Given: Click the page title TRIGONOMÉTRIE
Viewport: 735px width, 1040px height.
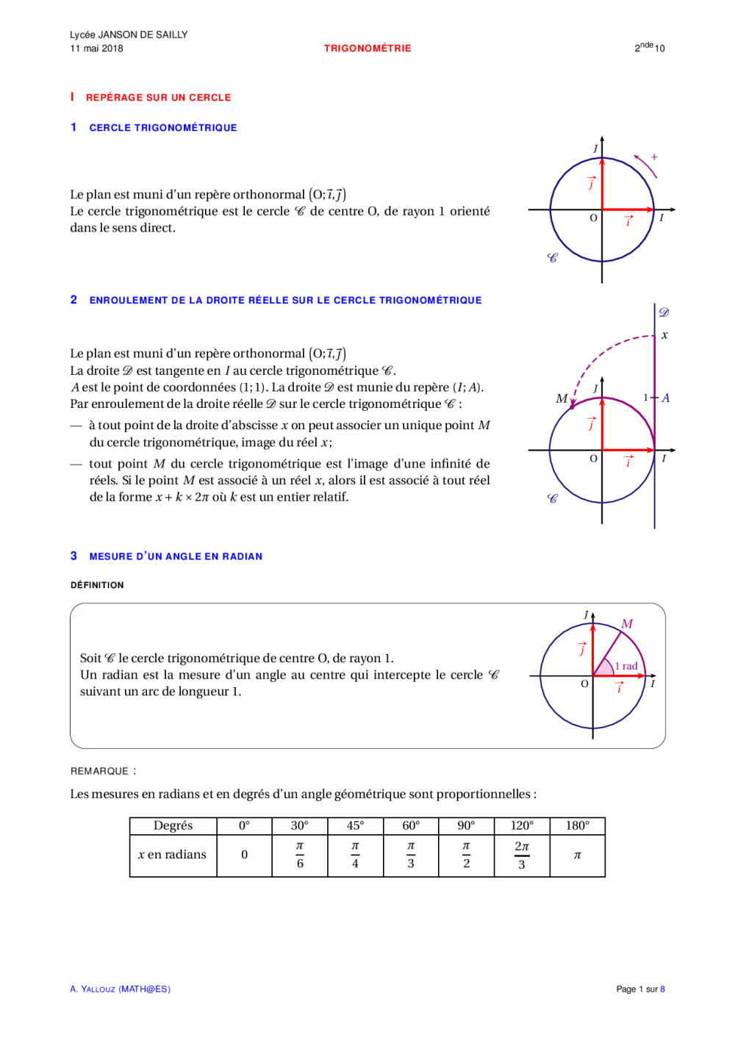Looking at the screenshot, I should point(367,49).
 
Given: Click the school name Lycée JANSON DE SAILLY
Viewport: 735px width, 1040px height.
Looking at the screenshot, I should point(129,35).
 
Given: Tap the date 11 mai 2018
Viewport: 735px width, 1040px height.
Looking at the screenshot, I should point(96,49).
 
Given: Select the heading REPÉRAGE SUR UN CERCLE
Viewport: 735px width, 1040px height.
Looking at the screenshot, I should point(158,98).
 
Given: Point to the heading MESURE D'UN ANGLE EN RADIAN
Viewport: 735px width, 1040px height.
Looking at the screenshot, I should point(176,556).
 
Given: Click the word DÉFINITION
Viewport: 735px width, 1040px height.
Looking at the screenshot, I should point(97,585).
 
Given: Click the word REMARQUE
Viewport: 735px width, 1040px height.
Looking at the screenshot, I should point(100,771).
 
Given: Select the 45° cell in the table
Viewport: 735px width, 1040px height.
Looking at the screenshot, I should point(355,825).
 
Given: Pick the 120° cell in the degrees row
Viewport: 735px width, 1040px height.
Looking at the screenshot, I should point(522,825).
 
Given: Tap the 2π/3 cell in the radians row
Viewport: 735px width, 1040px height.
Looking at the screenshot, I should point(522,855).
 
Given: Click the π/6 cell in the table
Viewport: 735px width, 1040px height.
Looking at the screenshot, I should point(300,855).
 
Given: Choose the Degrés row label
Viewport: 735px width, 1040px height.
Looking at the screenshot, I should point(173,825).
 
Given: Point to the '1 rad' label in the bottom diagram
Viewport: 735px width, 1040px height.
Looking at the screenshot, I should point(626,666).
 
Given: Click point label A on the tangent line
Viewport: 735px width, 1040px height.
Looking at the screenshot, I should point(665,398).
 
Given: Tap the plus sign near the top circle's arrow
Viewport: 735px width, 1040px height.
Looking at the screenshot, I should point(654,157).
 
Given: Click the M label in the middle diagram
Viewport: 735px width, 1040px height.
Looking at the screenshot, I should point(562,398).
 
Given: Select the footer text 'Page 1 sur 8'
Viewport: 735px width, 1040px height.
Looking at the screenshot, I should point(640,989).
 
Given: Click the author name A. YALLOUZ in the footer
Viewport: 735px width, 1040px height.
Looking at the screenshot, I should point(93,989).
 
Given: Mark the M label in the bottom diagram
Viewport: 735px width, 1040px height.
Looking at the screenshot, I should point(627,623).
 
